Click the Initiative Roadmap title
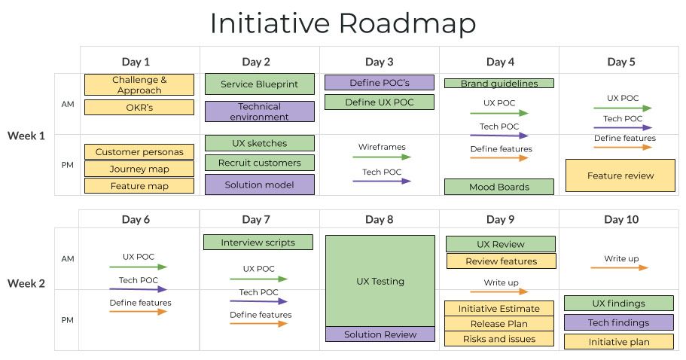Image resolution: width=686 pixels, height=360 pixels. click(343, 23)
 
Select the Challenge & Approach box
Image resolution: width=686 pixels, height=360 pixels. click(139, 85)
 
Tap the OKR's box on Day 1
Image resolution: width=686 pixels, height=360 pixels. click(139, 108)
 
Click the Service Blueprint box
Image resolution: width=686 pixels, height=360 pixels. click(260, 84)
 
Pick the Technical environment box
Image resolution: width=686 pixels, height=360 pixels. click(260, 111)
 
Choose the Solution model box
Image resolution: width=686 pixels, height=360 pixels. click(260, 185)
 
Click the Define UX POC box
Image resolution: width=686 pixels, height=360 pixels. click(380, 102)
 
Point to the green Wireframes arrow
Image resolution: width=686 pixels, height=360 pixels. click(382, 157)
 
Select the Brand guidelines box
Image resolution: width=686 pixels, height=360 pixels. click(499, 84)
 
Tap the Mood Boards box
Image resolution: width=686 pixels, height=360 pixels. click(499, 187)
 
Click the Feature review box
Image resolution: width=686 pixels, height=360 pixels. click(620, 175)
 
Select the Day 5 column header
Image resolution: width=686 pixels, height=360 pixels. click(620, 62)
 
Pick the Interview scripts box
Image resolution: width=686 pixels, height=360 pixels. click(259, 243)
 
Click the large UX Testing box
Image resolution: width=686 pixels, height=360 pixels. click(380, 281)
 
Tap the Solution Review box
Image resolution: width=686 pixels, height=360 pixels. click(380, 334)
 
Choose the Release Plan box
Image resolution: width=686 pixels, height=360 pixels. click(500, 324)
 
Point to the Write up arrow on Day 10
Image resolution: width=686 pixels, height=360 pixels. click(620, 267)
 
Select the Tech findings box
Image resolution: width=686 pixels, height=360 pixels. click(619, 322)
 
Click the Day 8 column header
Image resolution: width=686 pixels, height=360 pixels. click(380, 219)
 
